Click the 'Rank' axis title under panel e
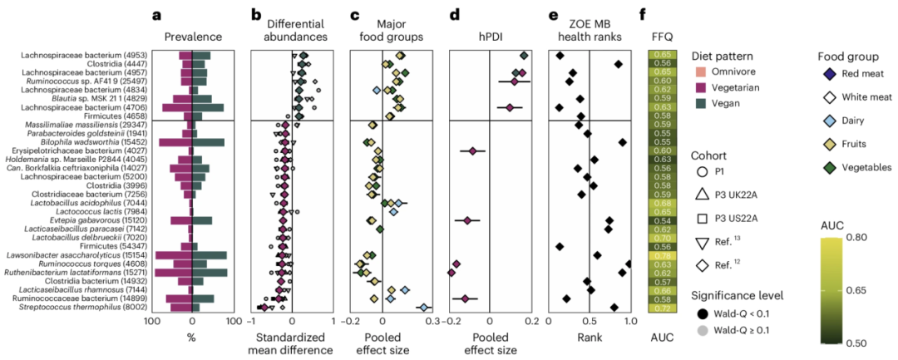(x=590, y=338)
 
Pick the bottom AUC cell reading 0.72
(x=663, y=308)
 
